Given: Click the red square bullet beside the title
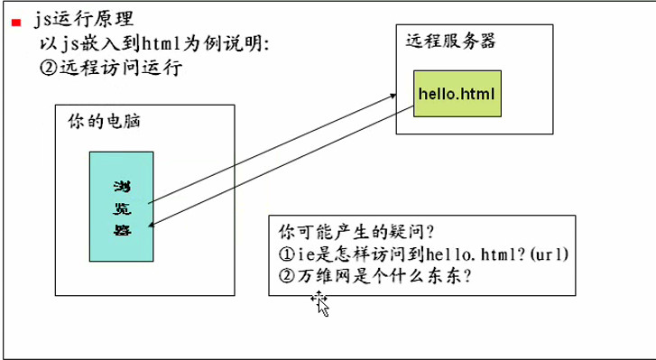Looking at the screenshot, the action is [16, 23].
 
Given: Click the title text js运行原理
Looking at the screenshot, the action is [84, 20].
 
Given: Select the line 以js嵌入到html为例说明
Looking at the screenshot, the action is [154, 43].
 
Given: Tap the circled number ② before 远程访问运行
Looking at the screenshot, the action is [49, 68].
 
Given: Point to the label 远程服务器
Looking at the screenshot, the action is [450, 42].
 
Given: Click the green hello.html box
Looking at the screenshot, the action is [457, 94].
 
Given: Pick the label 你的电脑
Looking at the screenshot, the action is [104, 122].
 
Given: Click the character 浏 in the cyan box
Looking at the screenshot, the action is [122, 187].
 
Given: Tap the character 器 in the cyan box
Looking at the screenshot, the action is [122, 229].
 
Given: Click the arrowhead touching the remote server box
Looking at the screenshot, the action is [393, 96].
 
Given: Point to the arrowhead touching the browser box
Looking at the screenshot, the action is [152, 226].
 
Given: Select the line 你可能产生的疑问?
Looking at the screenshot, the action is [357, 231].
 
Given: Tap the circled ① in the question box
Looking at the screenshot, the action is [287, 254].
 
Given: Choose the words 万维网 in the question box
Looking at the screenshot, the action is [324, 276].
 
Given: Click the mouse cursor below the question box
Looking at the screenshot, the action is [320, 303].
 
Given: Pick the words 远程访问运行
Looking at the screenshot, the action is [121, 68].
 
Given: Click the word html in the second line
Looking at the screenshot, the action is [162, 43].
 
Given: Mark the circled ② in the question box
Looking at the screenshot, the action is [287, 276].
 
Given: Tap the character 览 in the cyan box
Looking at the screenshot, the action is [122, 208].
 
